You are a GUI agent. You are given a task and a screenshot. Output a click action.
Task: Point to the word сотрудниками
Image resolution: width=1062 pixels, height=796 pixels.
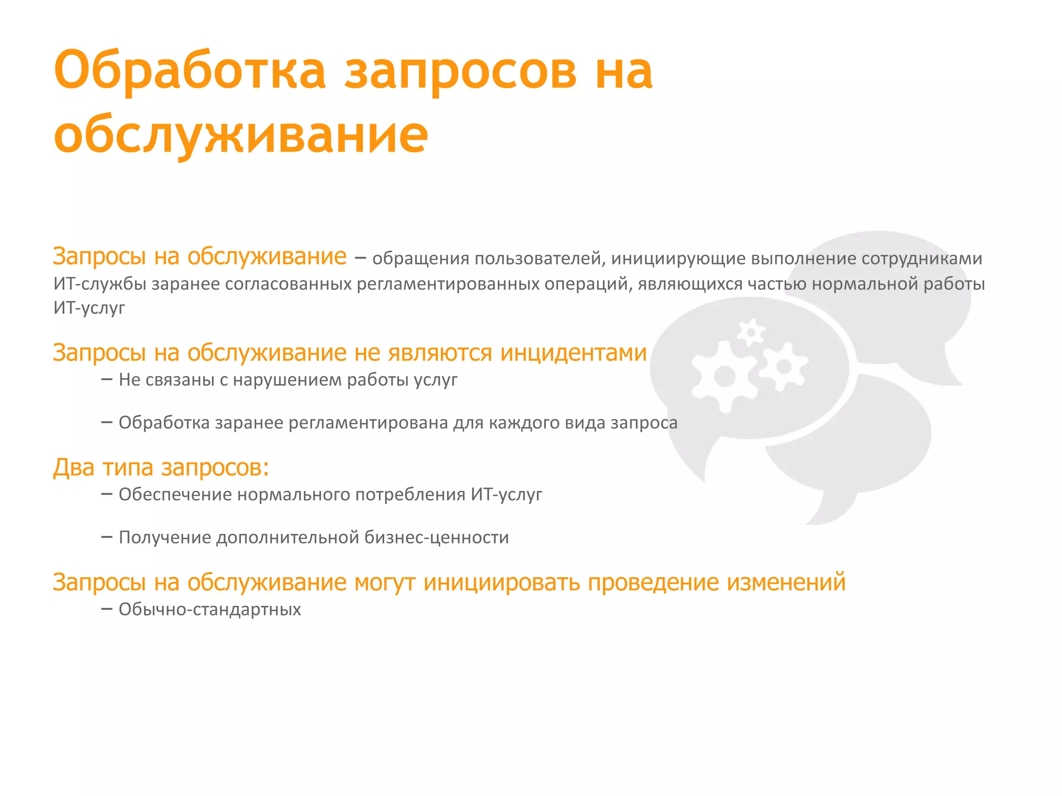[922, 258]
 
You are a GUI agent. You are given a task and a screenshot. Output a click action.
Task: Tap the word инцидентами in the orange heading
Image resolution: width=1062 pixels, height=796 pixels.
[574, 353]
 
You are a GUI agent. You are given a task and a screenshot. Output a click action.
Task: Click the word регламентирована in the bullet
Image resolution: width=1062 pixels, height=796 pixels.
[368, 423]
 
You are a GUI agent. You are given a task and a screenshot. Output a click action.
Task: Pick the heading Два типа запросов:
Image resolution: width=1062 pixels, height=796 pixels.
[161, 467]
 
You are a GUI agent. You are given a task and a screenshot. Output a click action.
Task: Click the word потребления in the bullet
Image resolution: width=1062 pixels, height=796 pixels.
[410, 495]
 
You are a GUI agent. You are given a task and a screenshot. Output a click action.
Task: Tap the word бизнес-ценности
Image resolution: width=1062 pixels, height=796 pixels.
[437, 538]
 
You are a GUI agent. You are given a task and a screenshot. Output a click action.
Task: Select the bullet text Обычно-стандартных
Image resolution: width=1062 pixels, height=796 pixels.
[209, 609]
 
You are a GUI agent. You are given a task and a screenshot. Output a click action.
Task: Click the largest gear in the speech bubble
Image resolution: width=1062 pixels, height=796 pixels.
[724, 377]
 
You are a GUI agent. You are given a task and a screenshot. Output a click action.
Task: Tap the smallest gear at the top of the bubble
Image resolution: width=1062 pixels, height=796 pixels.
[751, 332]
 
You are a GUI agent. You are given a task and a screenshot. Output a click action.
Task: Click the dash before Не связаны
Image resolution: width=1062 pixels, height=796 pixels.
[107, 380]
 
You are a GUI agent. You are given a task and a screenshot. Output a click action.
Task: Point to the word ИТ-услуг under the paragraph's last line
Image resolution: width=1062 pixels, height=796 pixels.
[89, 308]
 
